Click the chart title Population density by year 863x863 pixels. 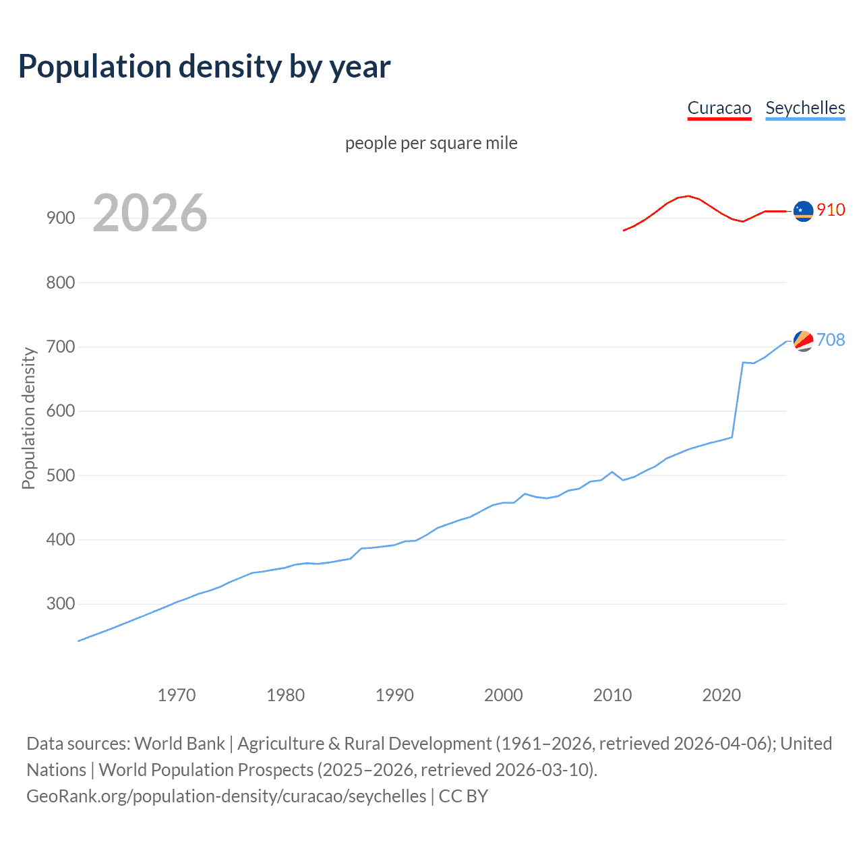click(x=204, y=67)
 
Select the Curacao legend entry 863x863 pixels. click(x=719, y=108)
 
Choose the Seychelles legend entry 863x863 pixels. click(x=805, y=108)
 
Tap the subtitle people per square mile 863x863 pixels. click(x=431, y=143)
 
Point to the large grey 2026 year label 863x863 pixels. click(x=150, y=213)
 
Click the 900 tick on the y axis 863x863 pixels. click(x=60, y=218)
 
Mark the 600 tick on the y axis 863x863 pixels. click(x=60, y=411)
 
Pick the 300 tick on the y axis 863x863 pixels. click(x=60, y=603)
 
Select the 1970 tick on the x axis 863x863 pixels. click(x=176, y=694)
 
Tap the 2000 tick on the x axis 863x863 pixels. click(x=503, y=694)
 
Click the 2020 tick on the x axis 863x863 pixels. click(x=721, y=694)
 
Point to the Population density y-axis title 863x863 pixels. click(x=28, y=418)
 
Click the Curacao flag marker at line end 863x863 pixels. click(x=803, y=211)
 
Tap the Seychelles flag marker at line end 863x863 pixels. click(x=803, y=340)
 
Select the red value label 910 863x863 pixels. click(x=831, y=210)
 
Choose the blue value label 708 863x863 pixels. click(x=831, y=340)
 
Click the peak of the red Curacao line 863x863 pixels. click(x=687, y=196)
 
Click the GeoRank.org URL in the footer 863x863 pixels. click(x=227, y=796)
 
